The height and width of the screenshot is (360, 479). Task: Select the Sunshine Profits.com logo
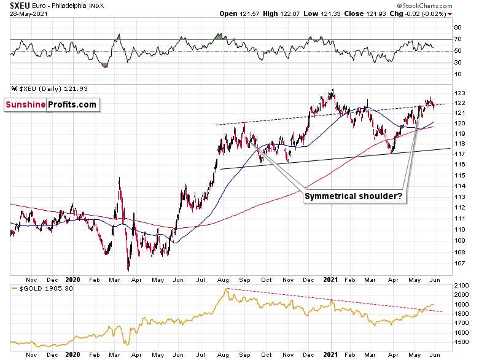(52, 104)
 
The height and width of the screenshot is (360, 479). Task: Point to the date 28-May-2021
(23, 14)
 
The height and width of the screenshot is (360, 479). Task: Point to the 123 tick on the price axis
(458, 93)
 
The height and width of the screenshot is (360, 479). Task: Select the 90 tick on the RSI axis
(458, 28)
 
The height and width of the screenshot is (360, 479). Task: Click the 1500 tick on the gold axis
(460, 341)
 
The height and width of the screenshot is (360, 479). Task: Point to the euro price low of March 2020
(129, 269)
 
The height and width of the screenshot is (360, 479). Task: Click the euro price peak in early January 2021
(332, 90)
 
